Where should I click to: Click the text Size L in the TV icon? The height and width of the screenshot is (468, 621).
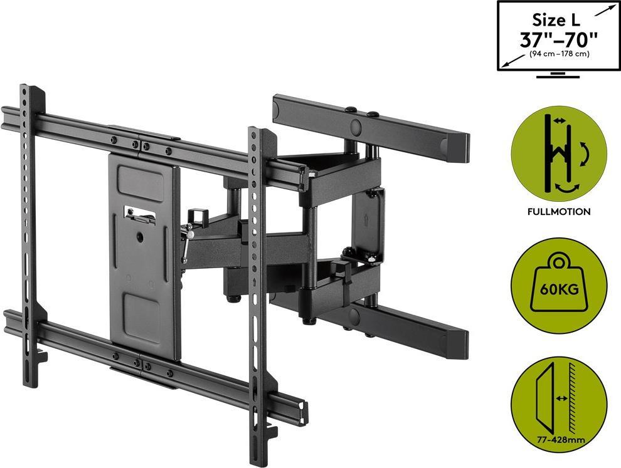pyautogui.click(x=556, y=20)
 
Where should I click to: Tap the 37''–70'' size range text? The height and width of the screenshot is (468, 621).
pyautogui.click(x=558, y=39)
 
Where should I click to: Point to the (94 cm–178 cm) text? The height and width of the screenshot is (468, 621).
pyautogui.click(x=559, y=54)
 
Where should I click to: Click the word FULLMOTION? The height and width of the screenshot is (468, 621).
pyautogui.click(x=559, y=212)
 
